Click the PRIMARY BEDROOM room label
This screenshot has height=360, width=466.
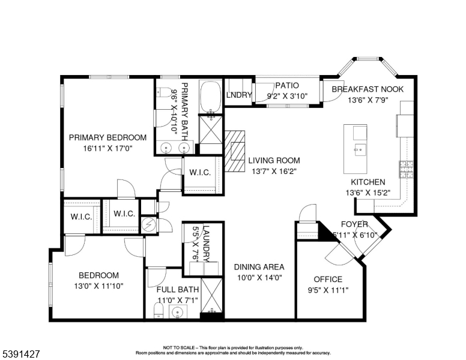coord(107,137)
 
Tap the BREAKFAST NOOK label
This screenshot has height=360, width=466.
coord(368,89)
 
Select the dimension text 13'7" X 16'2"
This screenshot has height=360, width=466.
coord(274,171)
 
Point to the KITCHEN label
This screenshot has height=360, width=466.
coord(368,182)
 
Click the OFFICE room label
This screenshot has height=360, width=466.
coord(328,279)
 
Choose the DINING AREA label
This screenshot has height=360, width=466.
coord(259,267)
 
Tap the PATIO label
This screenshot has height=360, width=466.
coord(286,86)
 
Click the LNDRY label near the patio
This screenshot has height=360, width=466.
coord(238,95)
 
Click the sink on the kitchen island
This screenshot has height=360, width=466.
coord(359,149)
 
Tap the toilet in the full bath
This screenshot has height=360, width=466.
coord(157,310)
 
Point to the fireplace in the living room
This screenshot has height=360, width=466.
coord(235,152)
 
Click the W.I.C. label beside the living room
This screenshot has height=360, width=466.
coord(200,173)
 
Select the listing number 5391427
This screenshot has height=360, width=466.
coord(21,354)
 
